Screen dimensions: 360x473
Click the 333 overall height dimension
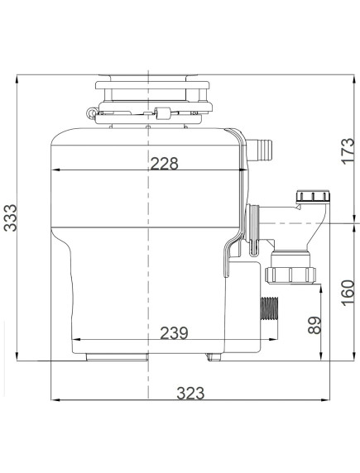(11, 217)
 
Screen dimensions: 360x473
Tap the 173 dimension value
(348, 151)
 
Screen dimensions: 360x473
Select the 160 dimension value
(348, 293)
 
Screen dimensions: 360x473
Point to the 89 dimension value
(314, 325)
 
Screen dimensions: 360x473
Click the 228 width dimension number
(165, 164)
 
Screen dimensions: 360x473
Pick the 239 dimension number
(174, 332)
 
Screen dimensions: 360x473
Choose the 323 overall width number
(190, 394)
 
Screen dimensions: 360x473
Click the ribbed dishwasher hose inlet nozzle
(260, 150)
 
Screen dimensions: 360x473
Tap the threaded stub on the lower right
(269, 309)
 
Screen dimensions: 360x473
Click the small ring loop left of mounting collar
(91, 113)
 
